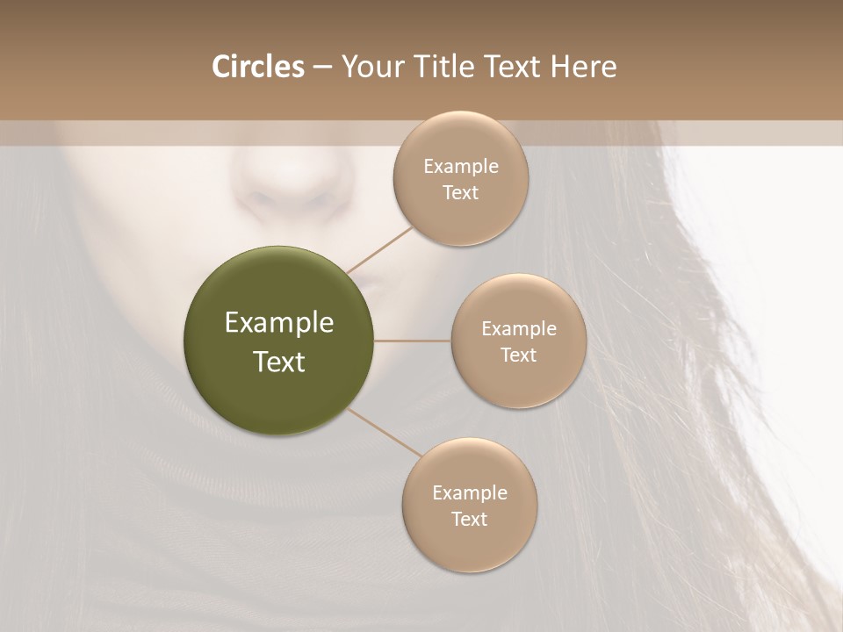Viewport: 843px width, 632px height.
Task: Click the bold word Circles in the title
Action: [258, 67]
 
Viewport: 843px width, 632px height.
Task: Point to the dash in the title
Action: [322, 68]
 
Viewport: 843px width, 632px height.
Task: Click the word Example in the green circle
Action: [279, 323]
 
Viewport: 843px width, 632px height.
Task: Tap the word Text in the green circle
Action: [279, 362]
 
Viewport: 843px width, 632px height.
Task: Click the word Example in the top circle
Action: [460, 167]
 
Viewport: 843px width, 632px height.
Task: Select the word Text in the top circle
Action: [460, 192]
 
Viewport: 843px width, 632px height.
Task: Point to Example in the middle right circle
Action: [518, 329]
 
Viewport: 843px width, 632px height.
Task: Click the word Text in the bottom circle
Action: [469, 519]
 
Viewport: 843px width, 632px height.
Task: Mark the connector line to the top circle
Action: [379, 249]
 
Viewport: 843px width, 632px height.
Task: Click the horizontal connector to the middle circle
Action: [413, 341]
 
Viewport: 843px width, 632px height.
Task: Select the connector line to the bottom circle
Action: [384, 431]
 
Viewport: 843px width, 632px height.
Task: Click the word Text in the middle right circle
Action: [518, 355]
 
